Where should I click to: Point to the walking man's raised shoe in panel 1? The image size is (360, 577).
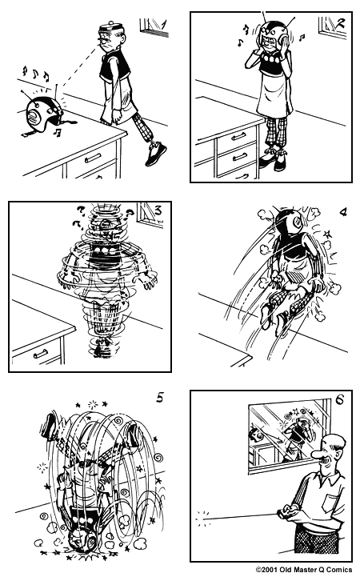point(155,152)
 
